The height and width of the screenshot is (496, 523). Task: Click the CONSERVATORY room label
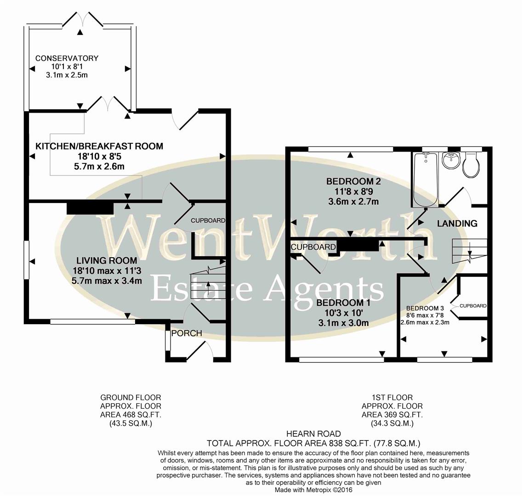coord(67,58)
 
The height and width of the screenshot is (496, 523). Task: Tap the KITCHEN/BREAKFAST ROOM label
coord(99,147)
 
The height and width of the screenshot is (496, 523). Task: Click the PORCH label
coord(186,333)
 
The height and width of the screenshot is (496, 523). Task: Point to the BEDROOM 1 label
coord(343,303)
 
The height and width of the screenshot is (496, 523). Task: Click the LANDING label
coord(457,224)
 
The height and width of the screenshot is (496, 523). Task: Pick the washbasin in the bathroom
coord(451,160)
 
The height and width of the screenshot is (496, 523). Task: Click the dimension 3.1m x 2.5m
coord(67,74)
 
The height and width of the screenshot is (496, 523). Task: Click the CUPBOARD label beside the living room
coord(208,220)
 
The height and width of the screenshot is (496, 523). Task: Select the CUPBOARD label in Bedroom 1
coord(313,247)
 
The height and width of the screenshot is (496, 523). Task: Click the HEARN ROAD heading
coord(313,434)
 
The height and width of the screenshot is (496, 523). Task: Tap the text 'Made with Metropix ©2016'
coord(313,490)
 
